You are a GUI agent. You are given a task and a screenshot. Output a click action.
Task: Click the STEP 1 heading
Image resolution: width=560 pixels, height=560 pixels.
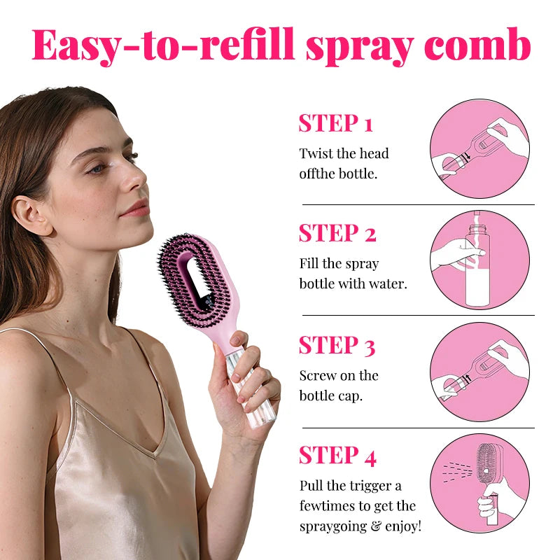click(335, 123)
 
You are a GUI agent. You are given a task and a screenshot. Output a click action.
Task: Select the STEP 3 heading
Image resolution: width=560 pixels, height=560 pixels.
click(337, 345)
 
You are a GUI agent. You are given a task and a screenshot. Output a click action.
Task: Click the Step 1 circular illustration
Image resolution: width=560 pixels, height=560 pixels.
click(479, 148)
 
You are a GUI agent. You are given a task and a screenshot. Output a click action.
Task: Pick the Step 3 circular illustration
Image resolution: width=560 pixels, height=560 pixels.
click(479, 372)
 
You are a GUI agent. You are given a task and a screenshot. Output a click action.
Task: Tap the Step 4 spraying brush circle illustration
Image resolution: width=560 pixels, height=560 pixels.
click(479, 483)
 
